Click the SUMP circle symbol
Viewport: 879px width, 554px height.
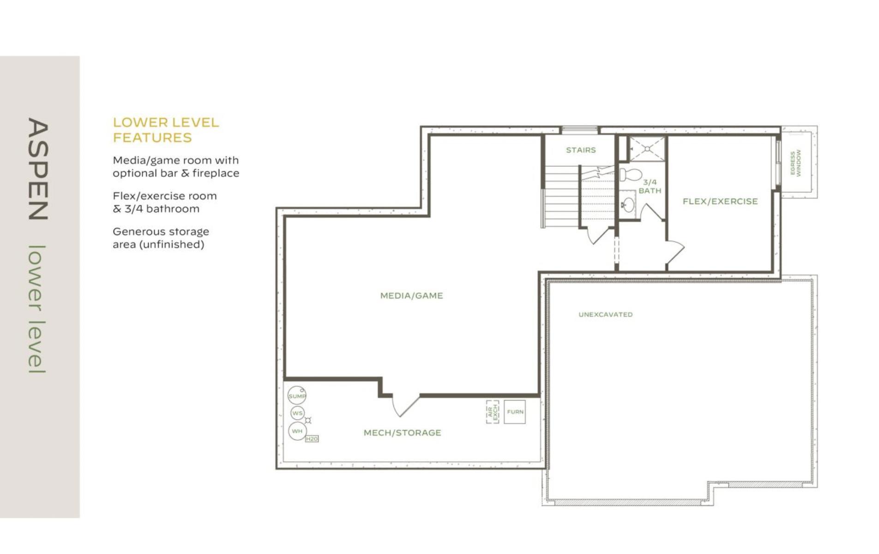297,396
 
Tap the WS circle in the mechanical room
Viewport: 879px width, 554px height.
298,413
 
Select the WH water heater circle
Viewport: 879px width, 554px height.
297,431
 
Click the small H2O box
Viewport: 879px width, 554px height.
312,438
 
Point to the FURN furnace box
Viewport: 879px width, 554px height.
515,412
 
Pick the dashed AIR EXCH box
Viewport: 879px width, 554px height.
493,412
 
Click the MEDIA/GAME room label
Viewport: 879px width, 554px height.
411,295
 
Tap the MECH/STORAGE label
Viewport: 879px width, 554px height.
402,432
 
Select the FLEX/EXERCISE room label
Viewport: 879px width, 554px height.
720,201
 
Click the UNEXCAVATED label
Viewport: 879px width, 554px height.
605,314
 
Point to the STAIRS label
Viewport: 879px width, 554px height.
581,150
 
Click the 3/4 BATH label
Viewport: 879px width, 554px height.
650,186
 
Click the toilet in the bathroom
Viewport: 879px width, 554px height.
630,174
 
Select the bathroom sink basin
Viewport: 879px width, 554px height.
628,203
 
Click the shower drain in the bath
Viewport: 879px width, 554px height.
647,149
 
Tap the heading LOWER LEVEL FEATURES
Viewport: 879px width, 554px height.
166,130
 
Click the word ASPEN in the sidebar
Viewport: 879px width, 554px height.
38,169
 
